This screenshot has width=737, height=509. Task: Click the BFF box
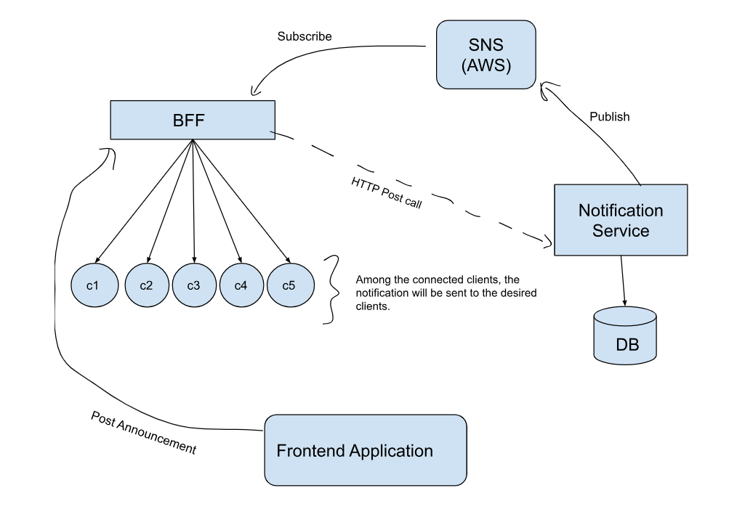click(x=193, y=120)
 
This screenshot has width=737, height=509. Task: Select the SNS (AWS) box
click(x=486, y=54)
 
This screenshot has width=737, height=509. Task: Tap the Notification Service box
click(x=620, y=220)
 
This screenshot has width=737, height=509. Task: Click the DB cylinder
click(x=624, y=335)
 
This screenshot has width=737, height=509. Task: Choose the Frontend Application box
click(x=365, y=450)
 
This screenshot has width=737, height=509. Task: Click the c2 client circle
click(x=146, y=285)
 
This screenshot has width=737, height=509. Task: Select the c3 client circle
click(x=193, y=285)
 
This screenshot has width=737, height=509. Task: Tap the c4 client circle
click(x=241, y=285)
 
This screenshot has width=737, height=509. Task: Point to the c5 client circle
click(x=289, y=285)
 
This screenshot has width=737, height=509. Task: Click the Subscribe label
click(x=304, y=36)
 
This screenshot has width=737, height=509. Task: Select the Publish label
click(x=609, y=116)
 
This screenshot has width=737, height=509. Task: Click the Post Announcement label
click(x=143, y=433)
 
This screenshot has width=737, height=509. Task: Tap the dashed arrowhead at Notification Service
click(x=548, y=241)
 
